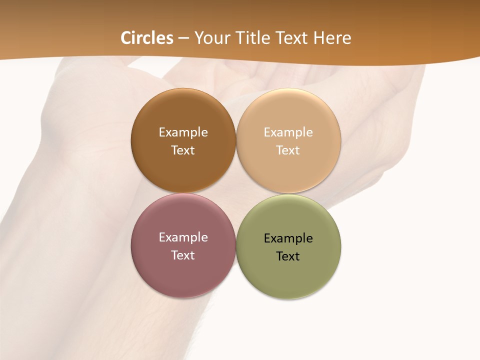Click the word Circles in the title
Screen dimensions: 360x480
tap(147, 38)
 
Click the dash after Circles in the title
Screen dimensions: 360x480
tap(183, 38)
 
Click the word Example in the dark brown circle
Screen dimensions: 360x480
tap(183, 132)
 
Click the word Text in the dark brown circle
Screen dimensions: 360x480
tap(183, 150)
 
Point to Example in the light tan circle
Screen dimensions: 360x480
tap(288, 132)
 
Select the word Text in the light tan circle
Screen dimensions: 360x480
tap(288, 150)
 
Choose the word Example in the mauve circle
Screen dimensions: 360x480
tap(183, 237)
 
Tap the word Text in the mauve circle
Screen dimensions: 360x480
tap(183, 255)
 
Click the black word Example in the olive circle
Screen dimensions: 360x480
tap(288, 238)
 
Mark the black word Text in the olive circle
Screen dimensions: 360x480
tap(288, 256)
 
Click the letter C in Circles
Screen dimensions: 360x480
tap(126, 38)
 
